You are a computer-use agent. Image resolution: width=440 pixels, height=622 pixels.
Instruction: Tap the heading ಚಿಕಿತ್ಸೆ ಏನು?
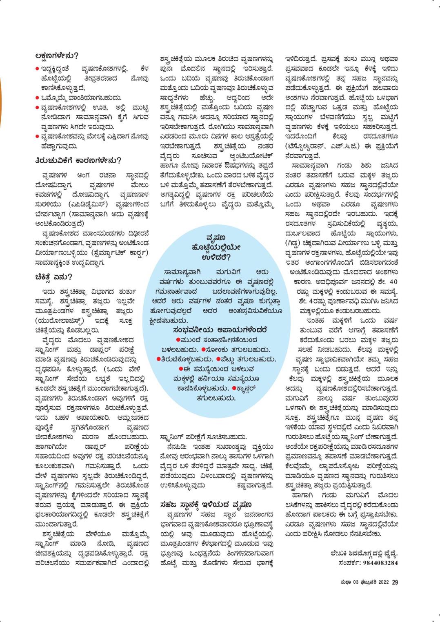tap(54, 277)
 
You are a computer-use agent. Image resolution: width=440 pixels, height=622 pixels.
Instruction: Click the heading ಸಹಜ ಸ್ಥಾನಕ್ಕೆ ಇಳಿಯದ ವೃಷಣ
tap(206, 504)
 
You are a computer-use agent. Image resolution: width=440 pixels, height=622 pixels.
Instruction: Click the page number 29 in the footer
tap(395, 582)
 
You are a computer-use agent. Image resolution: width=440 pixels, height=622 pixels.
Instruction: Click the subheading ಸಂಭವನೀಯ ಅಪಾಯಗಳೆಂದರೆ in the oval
tap(220, 329)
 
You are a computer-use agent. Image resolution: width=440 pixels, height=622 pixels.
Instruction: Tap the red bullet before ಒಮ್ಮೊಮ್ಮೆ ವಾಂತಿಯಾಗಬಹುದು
tap(38, 97)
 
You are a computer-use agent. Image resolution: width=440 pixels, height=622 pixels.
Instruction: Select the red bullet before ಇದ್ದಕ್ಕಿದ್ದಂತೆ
tap(38, 68)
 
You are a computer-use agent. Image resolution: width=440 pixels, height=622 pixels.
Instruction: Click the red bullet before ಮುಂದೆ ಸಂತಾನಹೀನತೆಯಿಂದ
tap(178, 339)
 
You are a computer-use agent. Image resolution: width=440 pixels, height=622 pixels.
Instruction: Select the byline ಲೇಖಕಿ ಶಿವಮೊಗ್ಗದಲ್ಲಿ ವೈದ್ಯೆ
tap(364, 553)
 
